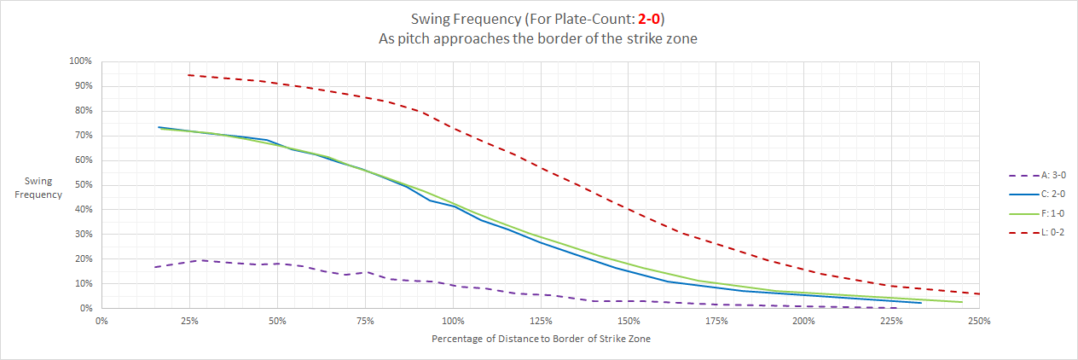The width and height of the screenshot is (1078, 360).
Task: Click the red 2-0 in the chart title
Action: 648,18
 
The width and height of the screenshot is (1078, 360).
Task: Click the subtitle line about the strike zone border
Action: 538,38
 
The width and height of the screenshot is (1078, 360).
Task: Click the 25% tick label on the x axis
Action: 189,322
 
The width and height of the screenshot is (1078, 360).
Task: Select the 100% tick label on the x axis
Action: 453,322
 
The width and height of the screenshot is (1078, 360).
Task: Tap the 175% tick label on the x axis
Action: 716,322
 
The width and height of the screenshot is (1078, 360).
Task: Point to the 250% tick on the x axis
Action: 979,322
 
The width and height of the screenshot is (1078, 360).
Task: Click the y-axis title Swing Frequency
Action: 43,189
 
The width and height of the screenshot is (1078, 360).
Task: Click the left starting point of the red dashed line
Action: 188,75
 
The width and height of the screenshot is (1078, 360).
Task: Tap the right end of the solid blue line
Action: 921,303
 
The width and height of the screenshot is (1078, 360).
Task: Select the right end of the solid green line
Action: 962,302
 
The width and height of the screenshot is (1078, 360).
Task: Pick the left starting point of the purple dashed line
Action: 154,267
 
